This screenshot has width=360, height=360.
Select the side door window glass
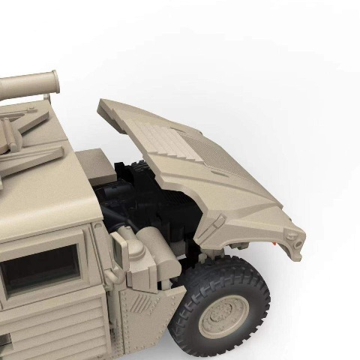(x=41, y=268)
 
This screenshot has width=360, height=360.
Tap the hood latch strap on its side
(x=215, y=224)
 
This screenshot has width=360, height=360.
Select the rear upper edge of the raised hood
(x=120, y=105)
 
